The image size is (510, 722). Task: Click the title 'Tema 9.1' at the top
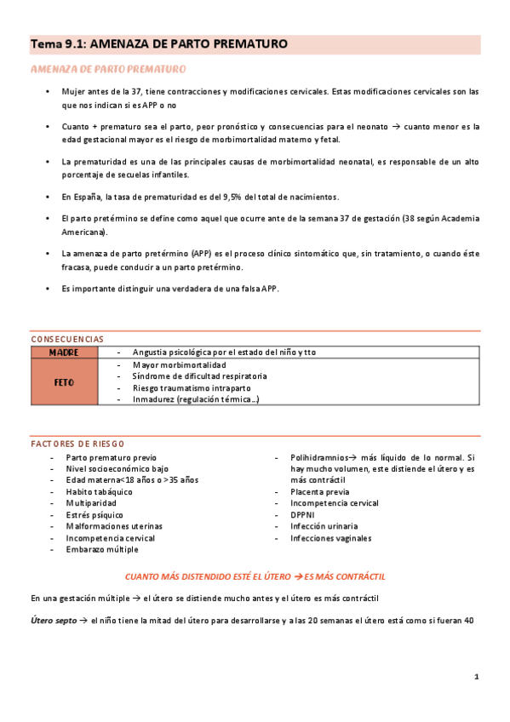tap(57, 43)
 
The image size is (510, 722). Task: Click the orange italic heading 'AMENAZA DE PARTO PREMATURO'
tap(109, 69)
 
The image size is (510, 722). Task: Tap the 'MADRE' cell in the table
tap(64, 352)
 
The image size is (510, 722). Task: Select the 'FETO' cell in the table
tap(64, 382)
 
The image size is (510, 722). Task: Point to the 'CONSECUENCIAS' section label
tap(67, 338)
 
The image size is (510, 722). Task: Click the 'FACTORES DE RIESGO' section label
tap(77, 444)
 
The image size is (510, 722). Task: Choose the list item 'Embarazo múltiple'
tap(103, 549)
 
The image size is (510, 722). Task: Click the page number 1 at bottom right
tap(477, 678)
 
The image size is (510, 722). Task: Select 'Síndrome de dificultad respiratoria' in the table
tap(200, 375)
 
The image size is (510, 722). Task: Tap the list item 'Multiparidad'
tap(91, 503)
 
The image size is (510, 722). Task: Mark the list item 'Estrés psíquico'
tap(95, 514)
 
